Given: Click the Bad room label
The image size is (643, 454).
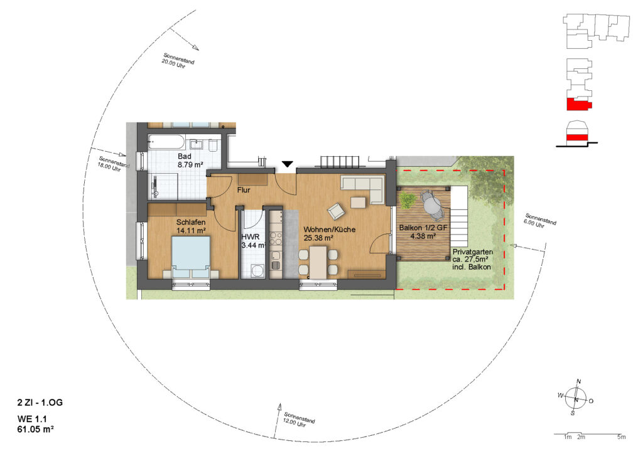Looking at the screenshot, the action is point(184,156).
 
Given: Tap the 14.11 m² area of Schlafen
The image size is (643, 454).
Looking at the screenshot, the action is point(191,231).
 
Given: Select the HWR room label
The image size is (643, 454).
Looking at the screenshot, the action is point(250,237).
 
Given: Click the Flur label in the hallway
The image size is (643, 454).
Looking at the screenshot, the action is point(244,190).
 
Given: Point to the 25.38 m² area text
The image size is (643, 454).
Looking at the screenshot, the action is point(318,238).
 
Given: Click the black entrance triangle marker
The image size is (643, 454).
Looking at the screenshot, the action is point(288,164).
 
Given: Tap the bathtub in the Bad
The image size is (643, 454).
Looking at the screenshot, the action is point(166,142).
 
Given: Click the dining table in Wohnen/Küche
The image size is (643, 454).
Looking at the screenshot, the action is point(318,262).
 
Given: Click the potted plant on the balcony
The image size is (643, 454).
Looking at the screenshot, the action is point(407,200).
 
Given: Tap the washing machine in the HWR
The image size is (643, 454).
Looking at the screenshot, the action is point(257,271).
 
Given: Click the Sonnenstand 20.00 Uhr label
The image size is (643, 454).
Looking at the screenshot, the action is point(178,61).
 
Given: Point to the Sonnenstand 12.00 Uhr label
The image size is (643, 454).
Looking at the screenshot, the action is point(298,420).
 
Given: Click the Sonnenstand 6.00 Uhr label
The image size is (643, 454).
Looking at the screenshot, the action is point(539,221).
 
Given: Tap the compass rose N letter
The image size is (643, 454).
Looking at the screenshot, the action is point(578,381).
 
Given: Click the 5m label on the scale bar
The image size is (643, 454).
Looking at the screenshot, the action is point(622,437).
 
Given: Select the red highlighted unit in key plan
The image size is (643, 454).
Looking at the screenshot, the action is point(578,104).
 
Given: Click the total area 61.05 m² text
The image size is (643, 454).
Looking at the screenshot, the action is point(35,430).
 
